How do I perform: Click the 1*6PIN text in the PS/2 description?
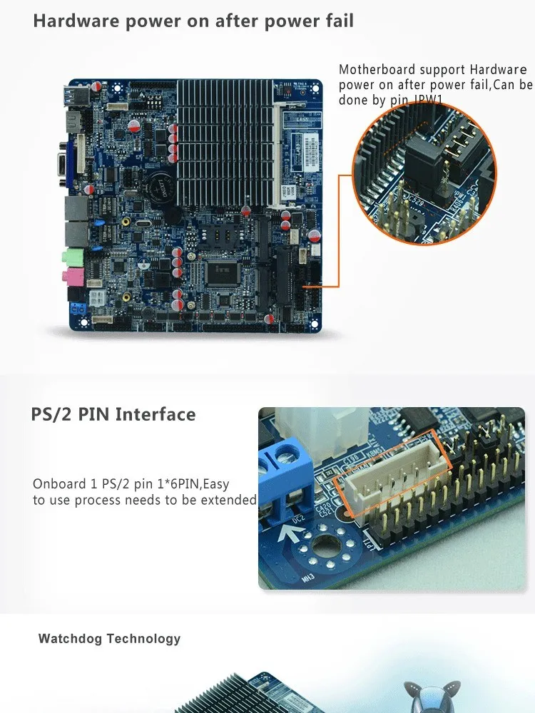coord(178,485)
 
